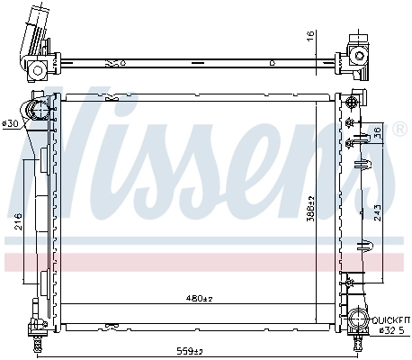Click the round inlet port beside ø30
pyautogui.click(x=39, y=112)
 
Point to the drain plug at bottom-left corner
pyautogui.click(x=36, y=343)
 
